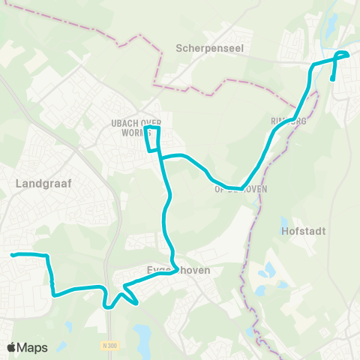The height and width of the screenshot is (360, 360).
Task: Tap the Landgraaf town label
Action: tap(42, 182)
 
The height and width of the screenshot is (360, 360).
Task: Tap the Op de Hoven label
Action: tap(241, 190)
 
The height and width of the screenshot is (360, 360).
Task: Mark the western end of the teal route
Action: tap(13, 256)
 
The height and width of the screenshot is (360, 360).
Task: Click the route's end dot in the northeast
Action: tap(332, 79)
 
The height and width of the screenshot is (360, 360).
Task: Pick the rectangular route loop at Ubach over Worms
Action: tap(152, 139)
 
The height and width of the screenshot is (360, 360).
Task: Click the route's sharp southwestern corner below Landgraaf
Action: tap(55, 295)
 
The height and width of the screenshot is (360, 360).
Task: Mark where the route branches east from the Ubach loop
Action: tap(161, 157)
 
